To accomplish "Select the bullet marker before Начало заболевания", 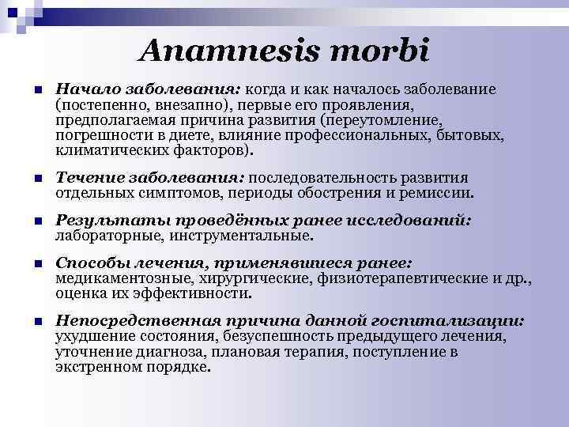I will tap(28, 90).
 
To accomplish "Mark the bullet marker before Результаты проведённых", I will tap(28, 222).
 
